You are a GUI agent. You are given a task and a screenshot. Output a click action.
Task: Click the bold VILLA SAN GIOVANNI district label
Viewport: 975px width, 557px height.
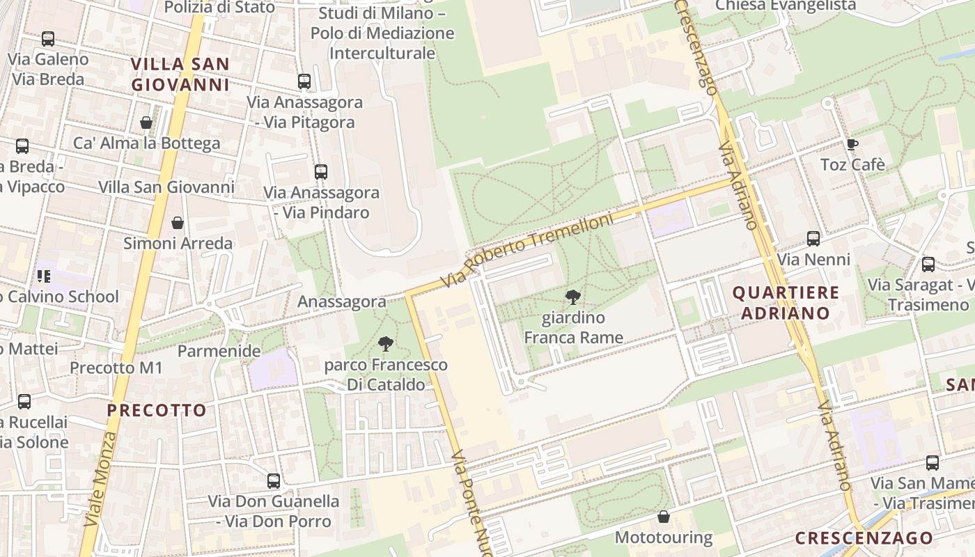point(180,74)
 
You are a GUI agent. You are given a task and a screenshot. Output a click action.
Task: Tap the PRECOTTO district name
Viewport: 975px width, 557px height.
point(157,410)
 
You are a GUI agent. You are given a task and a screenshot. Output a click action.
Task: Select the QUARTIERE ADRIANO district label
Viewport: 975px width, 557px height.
point(786,303)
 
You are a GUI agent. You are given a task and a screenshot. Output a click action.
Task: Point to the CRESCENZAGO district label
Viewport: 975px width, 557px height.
point(864,538)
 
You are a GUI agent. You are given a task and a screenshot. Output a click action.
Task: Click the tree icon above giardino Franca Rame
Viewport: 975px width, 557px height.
point(573,298)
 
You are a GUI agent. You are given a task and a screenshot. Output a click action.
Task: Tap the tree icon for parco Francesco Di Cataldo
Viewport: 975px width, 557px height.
point(385,344)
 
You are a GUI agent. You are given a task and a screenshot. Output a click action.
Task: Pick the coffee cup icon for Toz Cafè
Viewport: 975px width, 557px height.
point(852,145)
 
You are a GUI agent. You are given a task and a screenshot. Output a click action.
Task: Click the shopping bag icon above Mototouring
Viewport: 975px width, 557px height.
point(663,517)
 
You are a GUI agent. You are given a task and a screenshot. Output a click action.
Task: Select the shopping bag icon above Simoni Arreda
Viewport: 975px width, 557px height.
point(178,223)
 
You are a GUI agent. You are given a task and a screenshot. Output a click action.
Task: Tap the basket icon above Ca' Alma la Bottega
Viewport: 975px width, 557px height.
point(146,123)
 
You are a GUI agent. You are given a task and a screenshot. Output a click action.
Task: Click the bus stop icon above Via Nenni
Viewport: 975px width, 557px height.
point(813,239)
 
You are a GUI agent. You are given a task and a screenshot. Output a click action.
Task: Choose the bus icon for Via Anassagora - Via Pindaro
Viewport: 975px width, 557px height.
point(320,172)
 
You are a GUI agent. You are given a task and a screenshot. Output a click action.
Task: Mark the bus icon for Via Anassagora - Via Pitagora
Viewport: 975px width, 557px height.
point(304,81)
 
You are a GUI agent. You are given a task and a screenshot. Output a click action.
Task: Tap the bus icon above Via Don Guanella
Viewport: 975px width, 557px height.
point(274,480)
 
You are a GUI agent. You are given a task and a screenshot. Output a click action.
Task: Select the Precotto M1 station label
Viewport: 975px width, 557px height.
point(116,368)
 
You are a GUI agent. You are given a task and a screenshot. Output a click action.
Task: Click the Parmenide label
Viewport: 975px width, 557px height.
point(219,350)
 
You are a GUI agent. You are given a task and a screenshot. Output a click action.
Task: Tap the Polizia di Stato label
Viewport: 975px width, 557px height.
point(219,8)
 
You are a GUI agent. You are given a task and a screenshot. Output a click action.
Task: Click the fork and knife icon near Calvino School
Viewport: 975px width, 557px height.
point(44,276)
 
